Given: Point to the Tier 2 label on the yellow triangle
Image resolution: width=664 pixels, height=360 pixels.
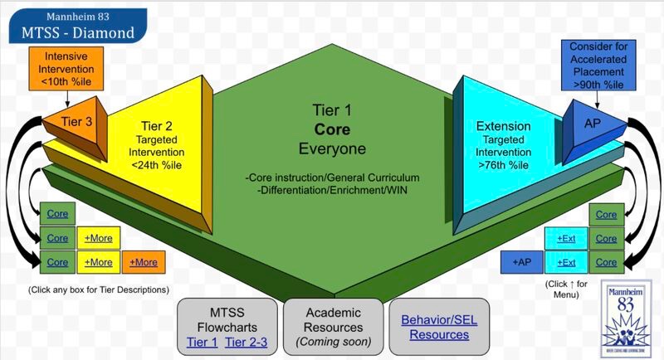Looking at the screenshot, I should [155, 124].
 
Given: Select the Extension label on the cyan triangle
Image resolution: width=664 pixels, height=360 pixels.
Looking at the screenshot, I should [503, 126].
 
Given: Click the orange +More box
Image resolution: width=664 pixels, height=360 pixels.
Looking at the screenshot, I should [143, 262].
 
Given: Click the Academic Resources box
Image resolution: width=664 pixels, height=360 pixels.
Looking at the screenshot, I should [331, 326].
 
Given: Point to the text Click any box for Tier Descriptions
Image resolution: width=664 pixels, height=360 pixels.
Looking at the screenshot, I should [99, 289].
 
